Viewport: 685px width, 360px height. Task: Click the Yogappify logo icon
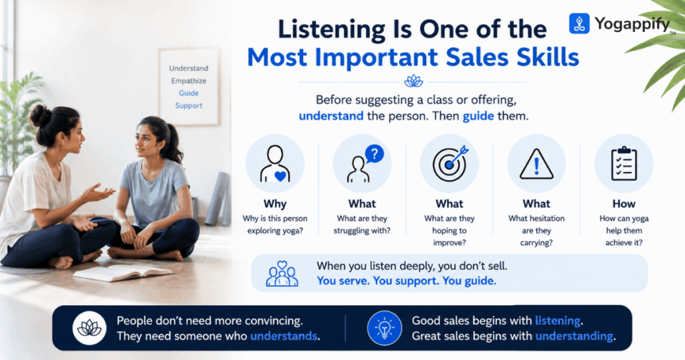pos(579,23)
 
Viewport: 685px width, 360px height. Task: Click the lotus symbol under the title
pos(413,81)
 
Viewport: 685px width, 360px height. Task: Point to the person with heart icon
pos(275,164)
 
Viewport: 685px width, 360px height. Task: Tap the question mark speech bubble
pos(375,154)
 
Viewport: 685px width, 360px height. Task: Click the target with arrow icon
pos(450,163)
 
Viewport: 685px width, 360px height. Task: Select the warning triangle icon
pos(536,164)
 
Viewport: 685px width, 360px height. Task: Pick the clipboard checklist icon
pos(624,163)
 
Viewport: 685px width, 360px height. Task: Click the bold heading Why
pos(275,204)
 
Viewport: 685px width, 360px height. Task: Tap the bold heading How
pos(624,204)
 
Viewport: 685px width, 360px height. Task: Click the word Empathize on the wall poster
pos(189,81)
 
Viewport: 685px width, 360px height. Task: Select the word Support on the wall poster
pos(189,106)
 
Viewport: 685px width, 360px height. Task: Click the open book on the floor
pos(124,273)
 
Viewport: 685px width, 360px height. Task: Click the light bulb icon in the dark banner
pos(385,328)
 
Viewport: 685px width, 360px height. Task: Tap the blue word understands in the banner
pos(284,336)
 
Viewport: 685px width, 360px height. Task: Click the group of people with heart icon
pos(282,274)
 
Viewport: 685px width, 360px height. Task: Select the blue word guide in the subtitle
pos(478,116)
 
